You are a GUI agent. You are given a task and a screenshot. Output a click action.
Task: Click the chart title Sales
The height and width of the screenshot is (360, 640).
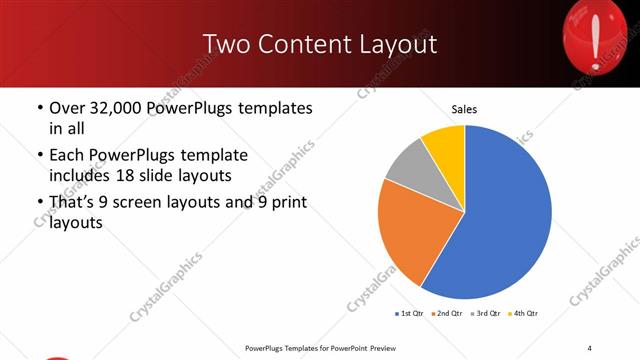tap(464, 108)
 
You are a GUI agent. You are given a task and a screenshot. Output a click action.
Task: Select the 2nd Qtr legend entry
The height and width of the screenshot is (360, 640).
tap(447, 314)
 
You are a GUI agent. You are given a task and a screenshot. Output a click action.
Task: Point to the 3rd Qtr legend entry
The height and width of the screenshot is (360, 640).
tap(485, 314)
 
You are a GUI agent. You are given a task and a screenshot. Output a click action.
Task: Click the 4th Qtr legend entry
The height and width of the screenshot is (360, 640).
tap(523, 314)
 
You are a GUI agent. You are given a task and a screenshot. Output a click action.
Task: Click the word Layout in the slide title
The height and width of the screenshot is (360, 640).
tap(396, 44)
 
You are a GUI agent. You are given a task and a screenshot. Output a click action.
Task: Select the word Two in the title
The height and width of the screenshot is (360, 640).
tap(224, 44)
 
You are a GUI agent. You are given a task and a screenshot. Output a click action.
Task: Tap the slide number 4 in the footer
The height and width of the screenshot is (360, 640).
tap(589, 347)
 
